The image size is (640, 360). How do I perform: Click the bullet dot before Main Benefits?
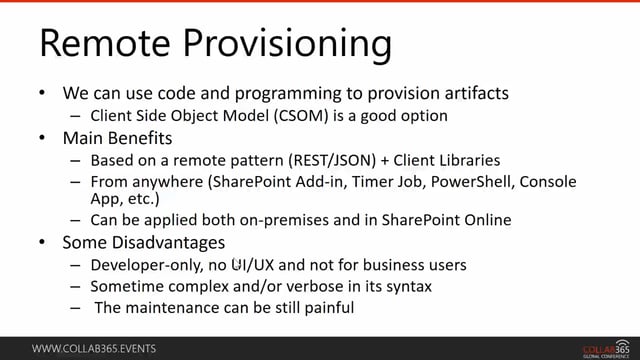pos(41,137)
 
